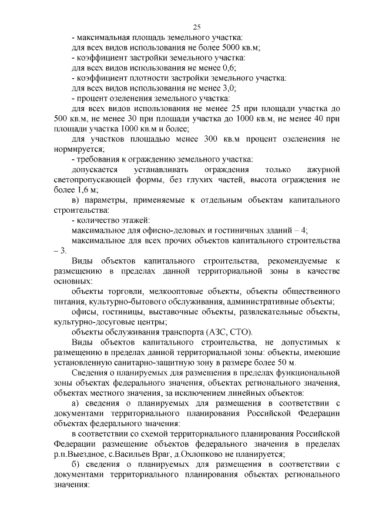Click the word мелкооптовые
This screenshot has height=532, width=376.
[153, 292]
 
